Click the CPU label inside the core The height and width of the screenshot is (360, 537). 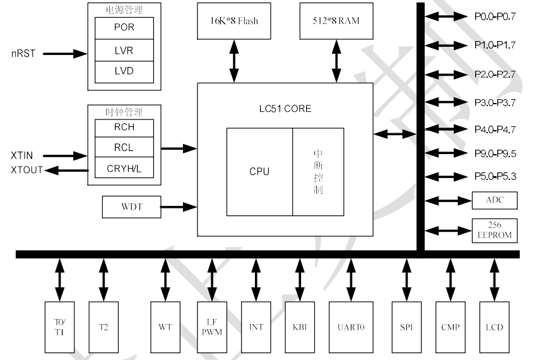click(259, 171)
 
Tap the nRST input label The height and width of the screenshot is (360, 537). click(23, 54)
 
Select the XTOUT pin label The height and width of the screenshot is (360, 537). click(27, 170)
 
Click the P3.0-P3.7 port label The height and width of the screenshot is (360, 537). click(495, 102)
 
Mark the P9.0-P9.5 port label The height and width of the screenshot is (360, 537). click(495, 153)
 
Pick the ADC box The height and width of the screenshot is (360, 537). click(495, 201)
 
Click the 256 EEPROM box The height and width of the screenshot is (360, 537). click(495, 230)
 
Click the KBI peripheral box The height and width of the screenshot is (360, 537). click(300, 327)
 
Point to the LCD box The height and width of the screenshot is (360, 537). click(494, 327)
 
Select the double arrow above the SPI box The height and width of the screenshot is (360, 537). click(406, 279)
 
